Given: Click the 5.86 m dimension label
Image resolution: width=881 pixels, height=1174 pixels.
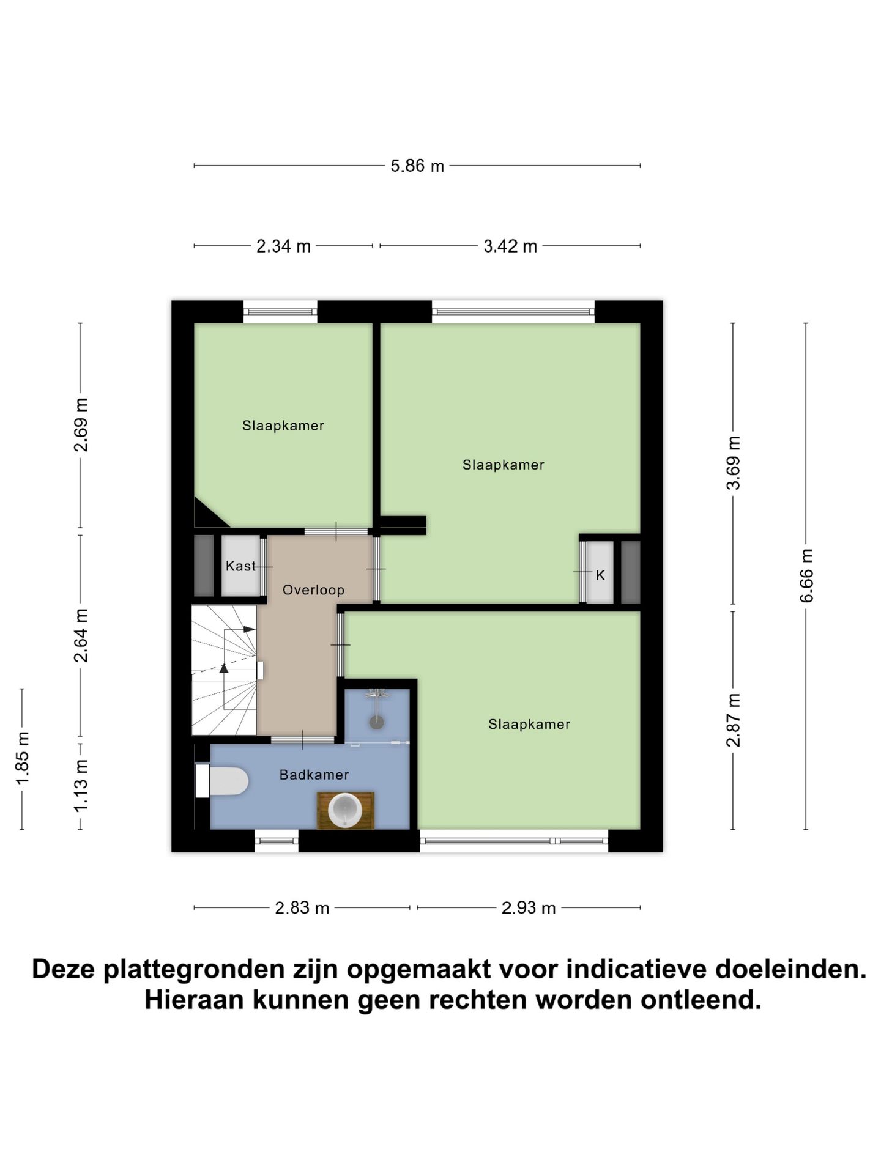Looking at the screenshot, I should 417,166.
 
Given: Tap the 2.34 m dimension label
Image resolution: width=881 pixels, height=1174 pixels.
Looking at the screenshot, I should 283,246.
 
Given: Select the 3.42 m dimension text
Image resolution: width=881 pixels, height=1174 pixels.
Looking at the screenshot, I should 510,246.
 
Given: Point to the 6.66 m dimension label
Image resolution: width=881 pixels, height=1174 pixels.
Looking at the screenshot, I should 806,575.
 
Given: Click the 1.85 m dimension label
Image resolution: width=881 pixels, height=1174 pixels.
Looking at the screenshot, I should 23,758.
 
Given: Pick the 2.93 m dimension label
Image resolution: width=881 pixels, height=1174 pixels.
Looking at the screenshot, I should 529,908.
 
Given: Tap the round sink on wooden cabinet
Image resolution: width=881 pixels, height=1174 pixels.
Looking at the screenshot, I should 345,810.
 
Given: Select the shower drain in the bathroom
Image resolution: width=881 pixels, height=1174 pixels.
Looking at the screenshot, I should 376,722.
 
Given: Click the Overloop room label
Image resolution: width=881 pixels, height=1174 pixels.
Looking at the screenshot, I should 313,590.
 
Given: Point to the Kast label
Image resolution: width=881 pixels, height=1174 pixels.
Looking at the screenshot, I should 240,566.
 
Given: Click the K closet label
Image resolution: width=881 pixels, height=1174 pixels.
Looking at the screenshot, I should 600,575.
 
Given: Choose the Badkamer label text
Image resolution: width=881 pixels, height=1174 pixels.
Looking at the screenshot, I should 314,775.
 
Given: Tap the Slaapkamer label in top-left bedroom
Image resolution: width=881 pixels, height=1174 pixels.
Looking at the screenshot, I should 283,426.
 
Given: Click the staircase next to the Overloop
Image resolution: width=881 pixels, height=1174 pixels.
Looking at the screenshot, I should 224,670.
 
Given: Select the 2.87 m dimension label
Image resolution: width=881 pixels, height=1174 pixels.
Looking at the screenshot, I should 733,720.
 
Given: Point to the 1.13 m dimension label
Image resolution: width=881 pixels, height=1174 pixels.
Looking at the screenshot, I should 81,786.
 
